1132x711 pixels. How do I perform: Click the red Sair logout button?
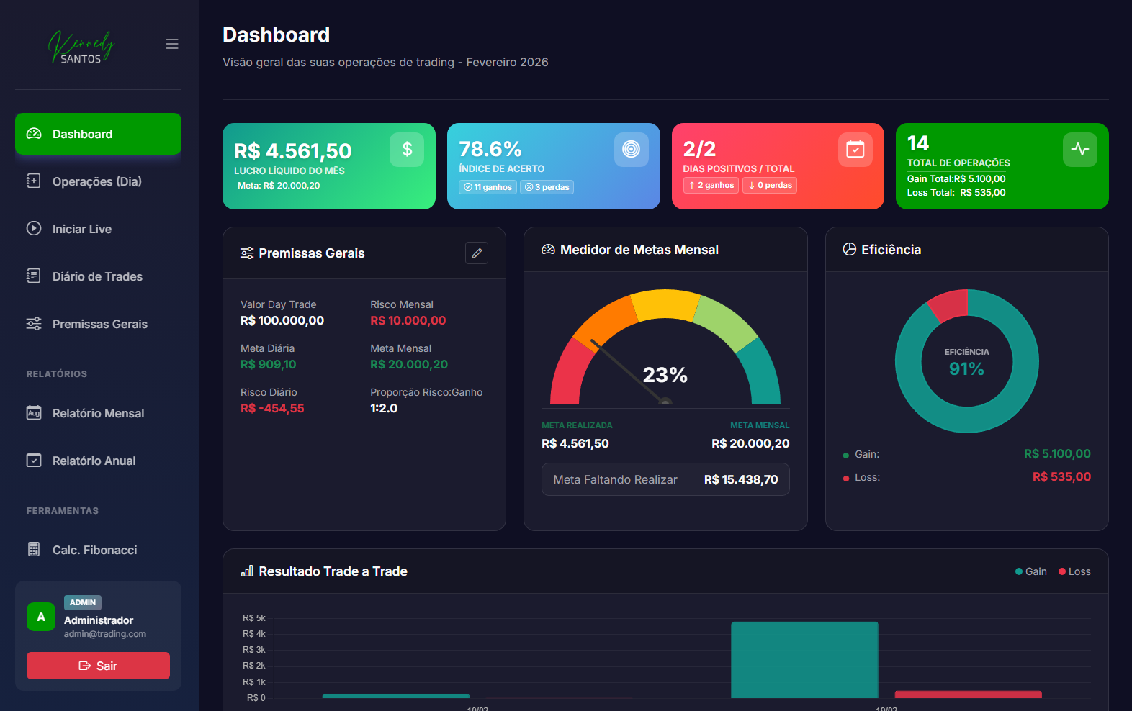click(x=98, y=666)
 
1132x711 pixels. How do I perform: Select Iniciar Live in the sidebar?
click(x=81, y=229)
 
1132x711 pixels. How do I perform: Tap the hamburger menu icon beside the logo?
click(x=172, y=44)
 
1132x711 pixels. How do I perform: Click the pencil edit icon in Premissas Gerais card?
click(x=477, y=253)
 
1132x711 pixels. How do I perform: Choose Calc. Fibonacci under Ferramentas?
click(x=94, y=550)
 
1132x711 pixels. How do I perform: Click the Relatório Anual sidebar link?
click(x=94, y=461)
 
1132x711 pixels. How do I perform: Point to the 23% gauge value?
click(x=665, y=375)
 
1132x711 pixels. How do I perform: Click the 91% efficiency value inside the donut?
click(x=966, y=369)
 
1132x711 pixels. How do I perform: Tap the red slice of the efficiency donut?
click(x=948, y=304)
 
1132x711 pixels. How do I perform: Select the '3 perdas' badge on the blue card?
click(x=547, y=187)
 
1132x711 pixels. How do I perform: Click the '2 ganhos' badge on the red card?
click(x=711, y=186)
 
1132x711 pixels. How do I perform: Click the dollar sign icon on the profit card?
click(x=407, y=149)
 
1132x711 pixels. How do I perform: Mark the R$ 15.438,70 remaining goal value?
click(x=741, y=479)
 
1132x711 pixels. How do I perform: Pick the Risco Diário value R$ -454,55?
click(x=272, y=408)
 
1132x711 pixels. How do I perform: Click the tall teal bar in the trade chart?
click(x=804, y=659)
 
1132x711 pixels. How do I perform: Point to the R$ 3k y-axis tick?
click(x=253, y=650)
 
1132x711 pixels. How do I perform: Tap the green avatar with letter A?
click(x=41, y=617)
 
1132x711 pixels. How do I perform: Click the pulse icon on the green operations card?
click(x=1079, y=149)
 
